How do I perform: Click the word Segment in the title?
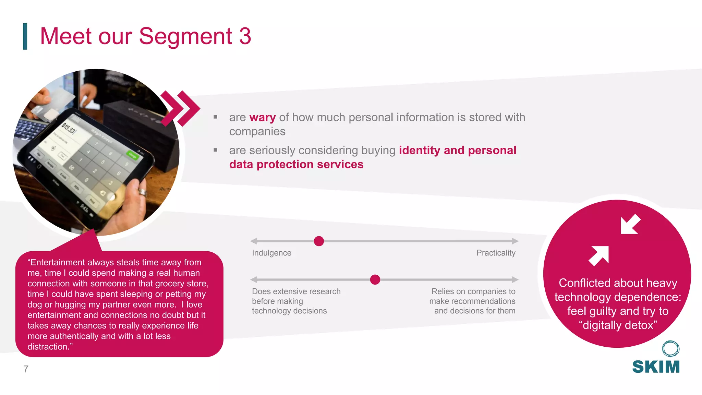click(x=185, y=36)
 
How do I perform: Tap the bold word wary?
click(x=263, y=118)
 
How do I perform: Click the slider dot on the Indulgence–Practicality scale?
click(x=319, y=241)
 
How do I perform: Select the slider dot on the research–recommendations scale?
click(x=375, y=279)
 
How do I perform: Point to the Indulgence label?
click(x=271, y=253)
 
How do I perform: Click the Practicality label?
click(x=496, y=253)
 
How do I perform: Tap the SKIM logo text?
click(x=656, y=367)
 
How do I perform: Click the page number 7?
click(x=26, y=369)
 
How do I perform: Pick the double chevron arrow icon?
click(x=180, y=108)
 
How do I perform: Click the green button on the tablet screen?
click(x=132, y=155)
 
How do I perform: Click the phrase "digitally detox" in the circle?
click(x=618, y=325)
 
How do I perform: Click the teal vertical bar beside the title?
click(x=25, y=36)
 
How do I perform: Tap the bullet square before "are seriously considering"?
click(x=215, y=150)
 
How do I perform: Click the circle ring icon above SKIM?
click(x=670, y=349)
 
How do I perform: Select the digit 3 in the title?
click(x=245, y=36)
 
